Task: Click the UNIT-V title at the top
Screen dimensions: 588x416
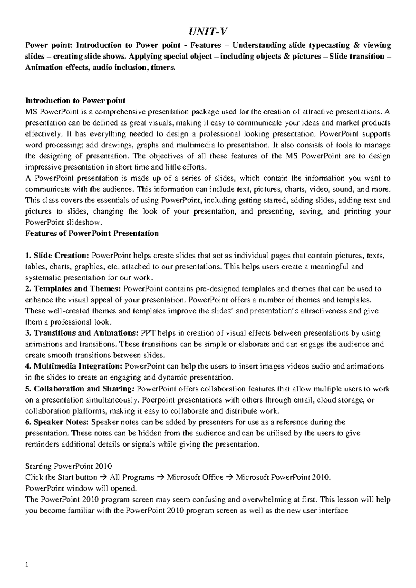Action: (208, 32)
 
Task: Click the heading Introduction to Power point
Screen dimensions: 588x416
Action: (75, 101)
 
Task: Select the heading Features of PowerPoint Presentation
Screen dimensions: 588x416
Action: (92, 233)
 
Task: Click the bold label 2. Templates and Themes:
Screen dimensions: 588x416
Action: (73, 289)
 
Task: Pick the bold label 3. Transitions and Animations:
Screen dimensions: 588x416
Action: (82, 333)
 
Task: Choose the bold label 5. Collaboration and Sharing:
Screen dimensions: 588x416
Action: (80, 389)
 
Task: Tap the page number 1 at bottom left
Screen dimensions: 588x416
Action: (27, 566)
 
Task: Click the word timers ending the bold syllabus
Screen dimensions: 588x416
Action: (162, 68)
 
